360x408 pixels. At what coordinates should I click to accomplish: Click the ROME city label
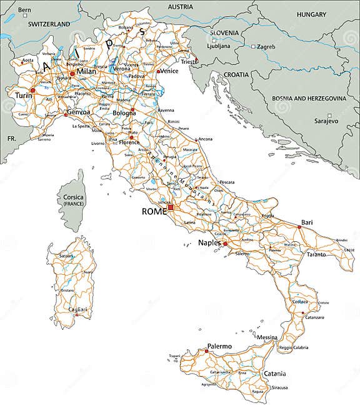coord(154,212)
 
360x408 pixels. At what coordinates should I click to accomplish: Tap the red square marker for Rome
coord(171,207)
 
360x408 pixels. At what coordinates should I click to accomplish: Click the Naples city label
coord(210,242)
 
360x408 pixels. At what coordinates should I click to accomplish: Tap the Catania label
coord(274,374)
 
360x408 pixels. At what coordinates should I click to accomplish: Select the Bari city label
coord(307,222)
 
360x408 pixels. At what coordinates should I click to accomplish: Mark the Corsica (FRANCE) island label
coord(73,201)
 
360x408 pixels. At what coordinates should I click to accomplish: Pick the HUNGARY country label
coord(311,14)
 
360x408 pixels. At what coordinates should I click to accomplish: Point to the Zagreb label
coord(267,46)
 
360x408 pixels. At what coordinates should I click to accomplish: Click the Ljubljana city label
coord(218,46)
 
